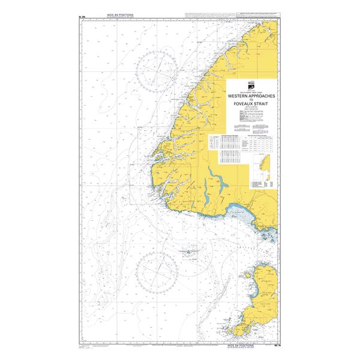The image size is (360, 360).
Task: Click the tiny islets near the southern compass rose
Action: point(188,252)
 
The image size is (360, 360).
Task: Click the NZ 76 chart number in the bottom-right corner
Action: point(278,345)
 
